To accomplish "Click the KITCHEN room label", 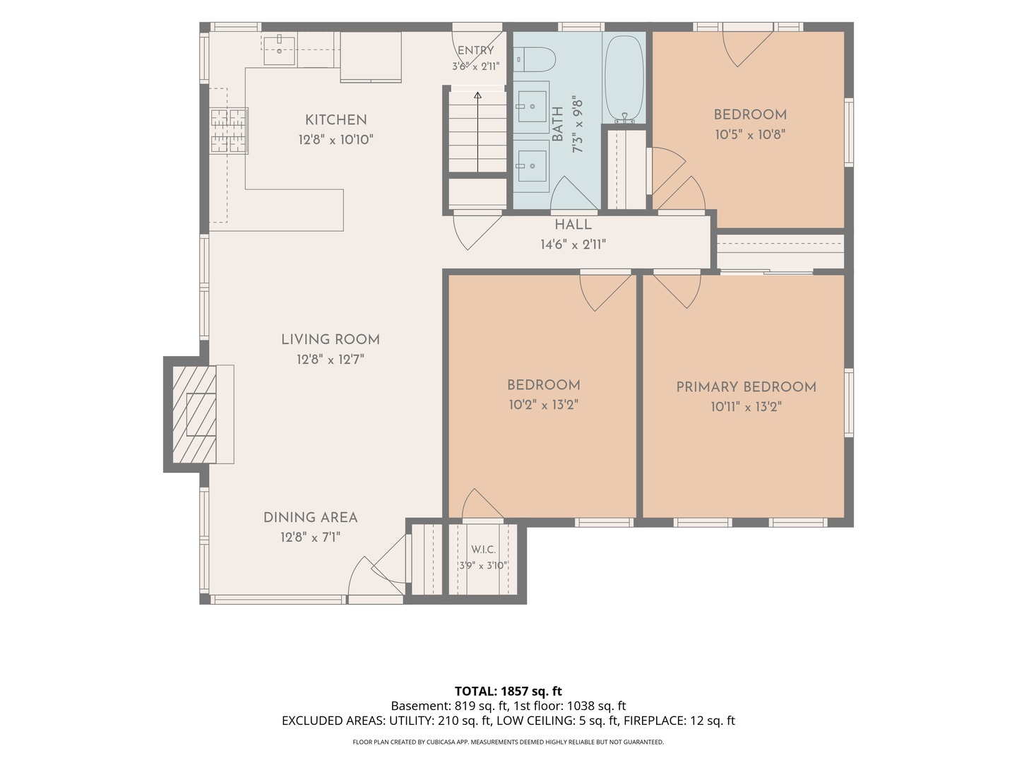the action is (x=335, y=120).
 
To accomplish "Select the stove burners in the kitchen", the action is (x=229, y=130).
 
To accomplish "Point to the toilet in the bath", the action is (x=534, y=59).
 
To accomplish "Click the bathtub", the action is (x=624, y=78).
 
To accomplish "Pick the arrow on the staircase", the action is (x=477, y=131).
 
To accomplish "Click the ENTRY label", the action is (x=475, y=50).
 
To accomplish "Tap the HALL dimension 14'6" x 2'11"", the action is (x=573, y=244).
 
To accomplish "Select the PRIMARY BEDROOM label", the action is (x=746, y=387).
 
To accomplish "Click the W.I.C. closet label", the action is (x=483, y=550).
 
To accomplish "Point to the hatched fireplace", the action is (x=194, y=414).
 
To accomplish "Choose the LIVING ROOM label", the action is (x=331, y=340).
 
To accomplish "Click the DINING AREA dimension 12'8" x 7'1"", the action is (x=310, y=538).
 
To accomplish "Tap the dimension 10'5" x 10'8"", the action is (x=750, y=135).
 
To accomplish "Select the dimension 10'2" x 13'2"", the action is (x=544, y=405).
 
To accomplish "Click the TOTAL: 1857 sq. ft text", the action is (x=509, y=691).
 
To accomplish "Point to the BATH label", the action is (x=558, y=124).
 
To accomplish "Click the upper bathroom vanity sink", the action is (x=532, y=106).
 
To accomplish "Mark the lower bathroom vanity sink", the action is (x=532, y=166).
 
